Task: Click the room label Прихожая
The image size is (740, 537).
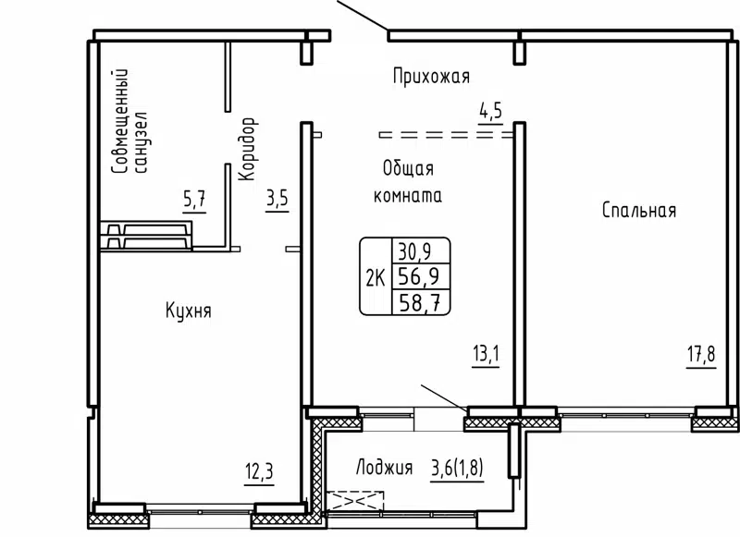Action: tap(431, 76)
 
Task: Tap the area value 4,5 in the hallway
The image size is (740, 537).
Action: tap(489, 112)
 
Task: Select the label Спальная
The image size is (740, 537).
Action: tap(638, 211)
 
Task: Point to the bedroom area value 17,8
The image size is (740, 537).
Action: tap(700, 355)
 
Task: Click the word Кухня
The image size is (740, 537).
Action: tap(189, 311)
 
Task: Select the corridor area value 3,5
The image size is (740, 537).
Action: tap(277, 199)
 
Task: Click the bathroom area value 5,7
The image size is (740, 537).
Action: tap(193, 199)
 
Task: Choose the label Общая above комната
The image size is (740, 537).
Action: tap(408, 169)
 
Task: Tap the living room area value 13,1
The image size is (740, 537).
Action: tap(485, 355)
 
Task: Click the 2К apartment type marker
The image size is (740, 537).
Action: tap(376, 276)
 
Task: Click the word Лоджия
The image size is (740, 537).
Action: tap(383, 468)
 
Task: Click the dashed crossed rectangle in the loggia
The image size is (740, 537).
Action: tap(355, 500)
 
